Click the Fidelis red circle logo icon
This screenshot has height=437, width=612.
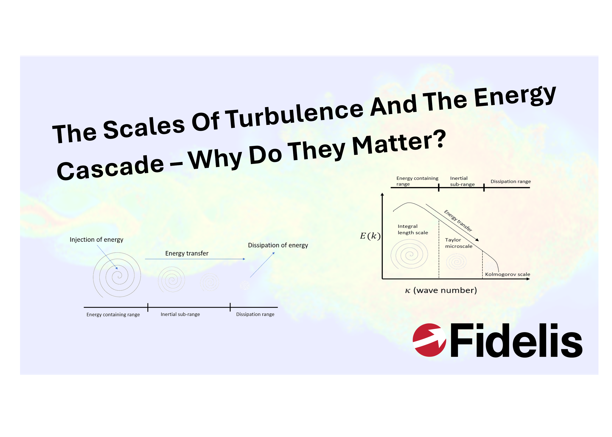pos(429,340)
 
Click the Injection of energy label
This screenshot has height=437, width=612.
pos(96,240)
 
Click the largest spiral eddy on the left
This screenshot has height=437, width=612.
pos(117,275)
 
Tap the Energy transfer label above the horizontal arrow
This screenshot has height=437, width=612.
pos(187,254)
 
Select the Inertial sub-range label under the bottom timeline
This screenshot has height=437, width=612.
pos(180,314)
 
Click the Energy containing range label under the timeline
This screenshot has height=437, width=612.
pos(113,314)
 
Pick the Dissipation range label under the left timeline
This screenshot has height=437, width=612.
pos(255,314)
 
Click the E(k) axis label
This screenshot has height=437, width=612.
pos(370,236)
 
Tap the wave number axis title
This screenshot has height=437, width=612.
pos(441,290)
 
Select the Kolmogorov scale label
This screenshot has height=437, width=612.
pos(507,274)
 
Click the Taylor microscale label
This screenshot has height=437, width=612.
pos(459,243)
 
